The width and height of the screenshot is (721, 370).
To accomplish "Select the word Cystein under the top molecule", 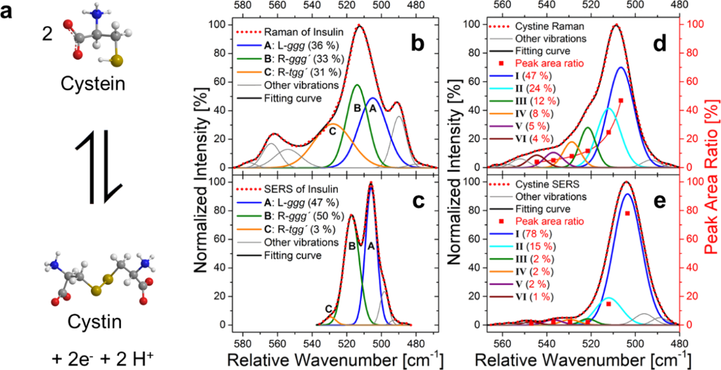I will click(94, 84).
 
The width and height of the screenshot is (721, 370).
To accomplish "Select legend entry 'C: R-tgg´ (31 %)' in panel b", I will click(291, 72).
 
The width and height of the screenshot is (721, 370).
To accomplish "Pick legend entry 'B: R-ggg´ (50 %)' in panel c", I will click(291, 215).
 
